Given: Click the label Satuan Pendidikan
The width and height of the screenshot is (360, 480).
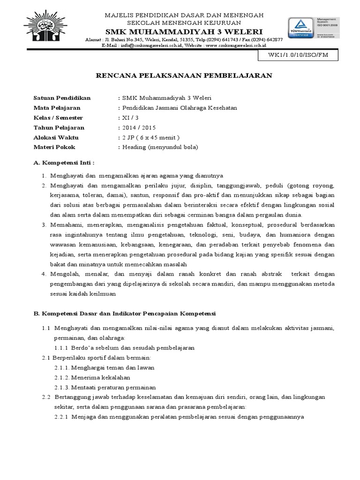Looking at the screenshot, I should (x=62, y=98).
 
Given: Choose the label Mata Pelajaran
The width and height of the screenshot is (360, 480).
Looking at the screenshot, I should (x=57, y=108).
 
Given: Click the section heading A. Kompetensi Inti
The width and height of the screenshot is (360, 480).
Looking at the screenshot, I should (x=64, y=163).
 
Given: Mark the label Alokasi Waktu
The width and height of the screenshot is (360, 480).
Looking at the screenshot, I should (x=56, y=137).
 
